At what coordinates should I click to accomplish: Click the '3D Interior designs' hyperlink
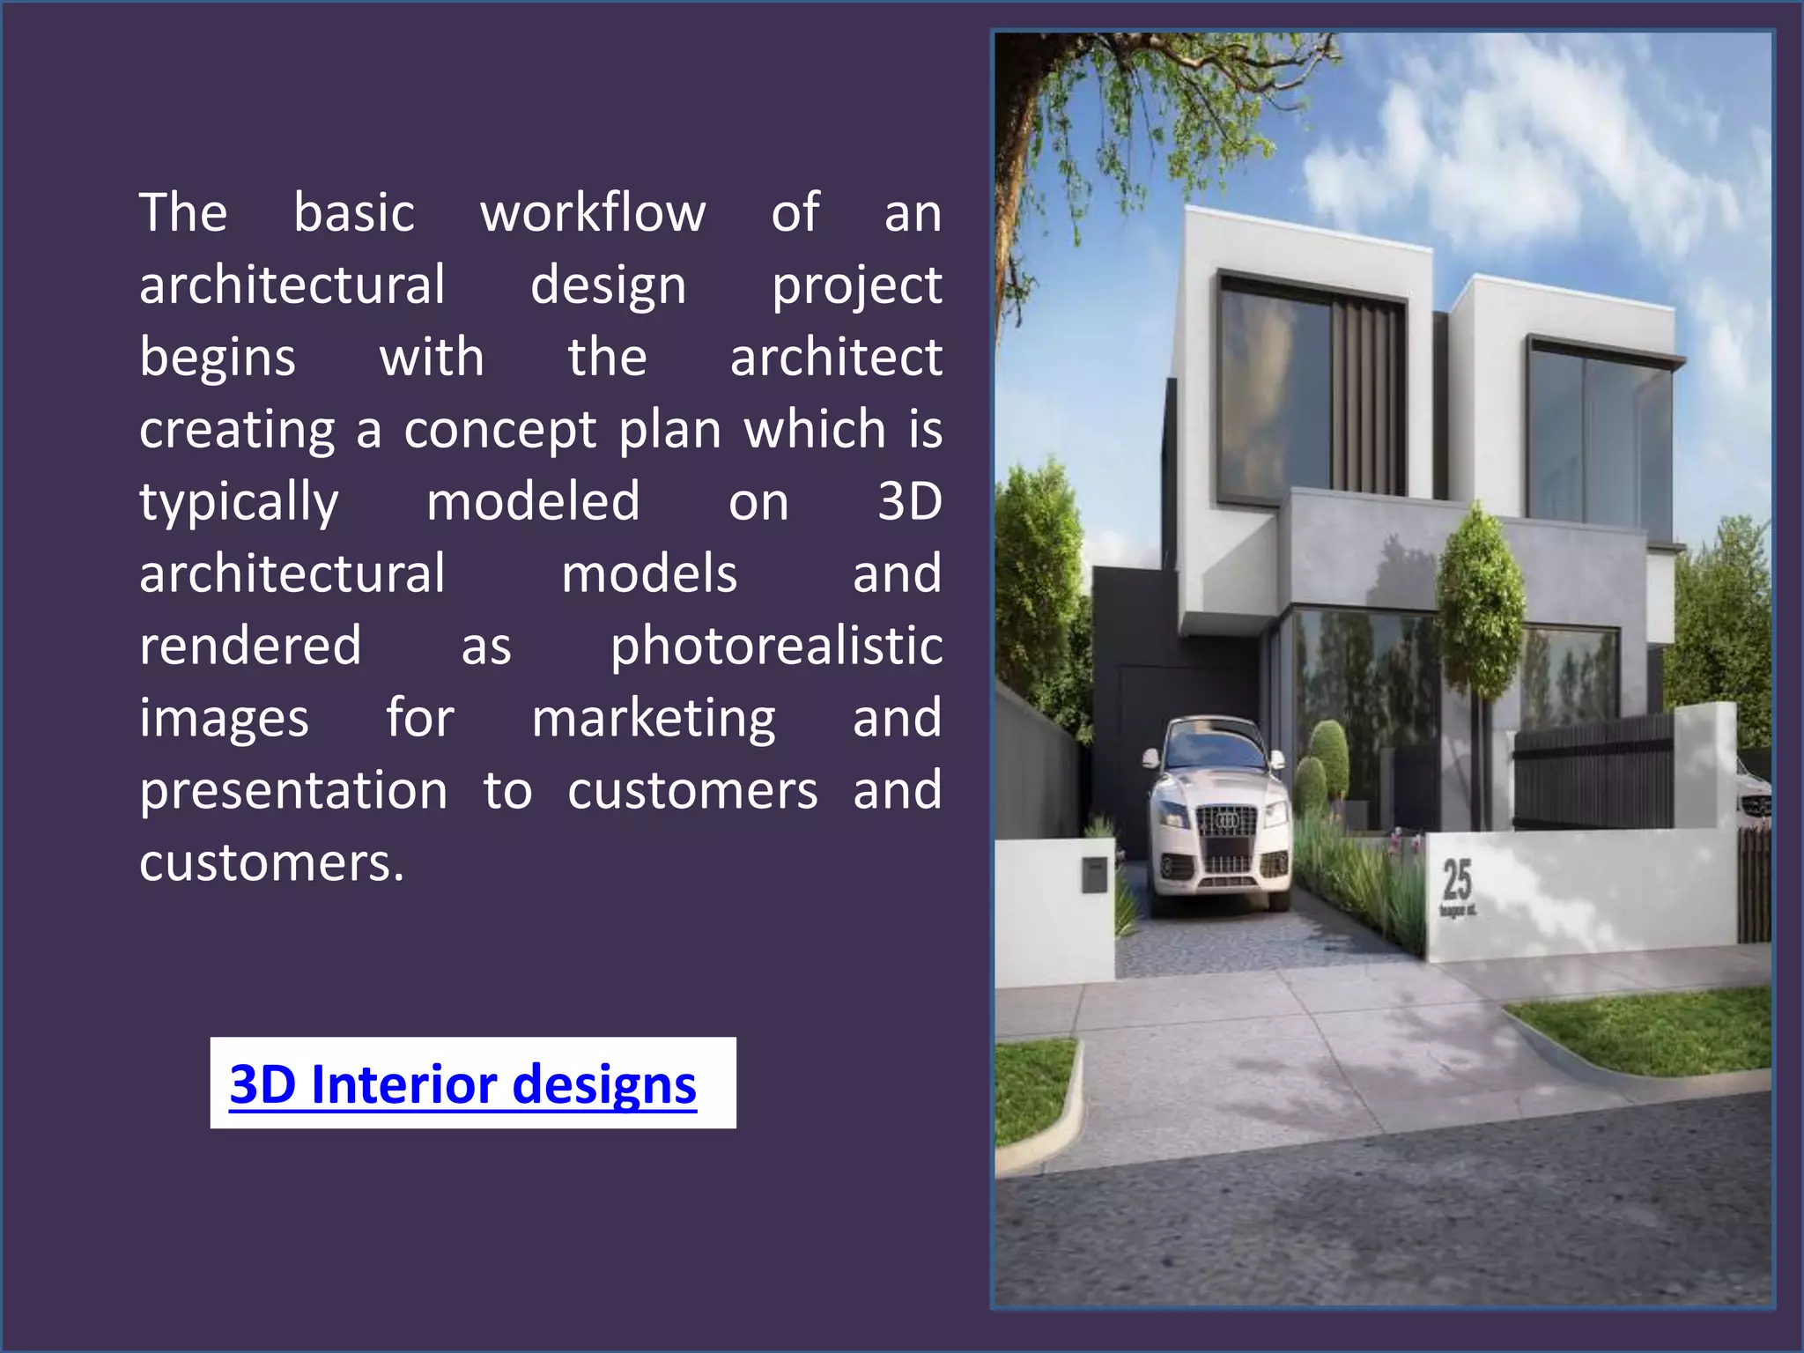pyautogui.click(x=462, y=1083)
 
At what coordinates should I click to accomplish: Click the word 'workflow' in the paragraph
pyautogui.click(x=593, y=213)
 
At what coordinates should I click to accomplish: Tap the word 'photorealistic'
pyautogui.click(x=776, y=647)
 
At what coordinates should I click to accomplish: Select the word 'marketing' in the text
pyautogui.click(x=654, y=719)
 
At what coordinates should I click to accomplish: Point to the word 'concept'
pyautogui.click(x=500, y=430)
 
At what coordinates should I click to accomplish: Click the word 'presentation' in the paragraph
pyautogui.click(x=293, y=791)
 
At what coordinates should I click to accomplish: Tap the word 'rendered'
pyautogui.click(x=250, y=647)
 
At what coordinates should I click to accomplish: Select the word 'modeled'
pyautogui.click(x=533, y=502)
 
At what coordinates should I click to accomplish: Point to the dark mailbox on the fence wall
pyautogui.click(x=1094, y=875)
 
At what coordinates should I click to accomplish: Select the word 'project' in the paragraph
pyautogui.click(x=856, y=287)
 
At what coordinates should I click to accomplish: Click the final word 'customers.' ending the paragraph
pyautogui.click(x=271, y=863)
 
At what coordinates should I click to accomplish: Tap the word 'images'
pyautogui.click(x=224, y=719)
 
